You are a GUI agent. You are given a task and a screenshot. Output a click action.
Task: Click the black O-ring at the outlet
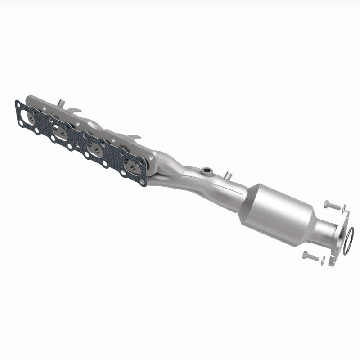(x=350, y=241)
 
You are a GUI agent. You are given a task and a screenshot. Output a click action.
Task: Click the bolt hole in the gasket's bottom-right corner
(x=143, y=183)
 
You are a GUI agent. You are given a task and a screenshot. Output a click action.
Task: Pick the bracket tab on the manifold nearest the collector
(x=134, y=135)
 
